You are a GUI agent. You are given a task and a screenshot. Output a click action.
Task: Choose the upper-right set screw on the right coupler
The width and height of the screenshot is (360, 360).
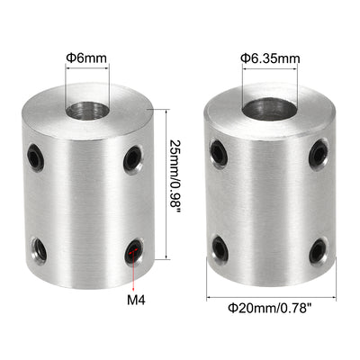pyautogui.click(x=318, y=154)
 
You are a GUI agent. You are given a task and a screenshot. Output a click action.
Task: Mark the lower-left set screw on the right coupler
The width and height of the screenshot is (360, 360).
pyautogui.click(x=219, y=247)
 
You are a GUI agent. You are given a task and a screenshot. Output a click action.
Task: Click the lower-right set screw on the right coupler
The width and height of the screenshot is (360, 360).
pyautogui.click(x=317, y=250)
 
